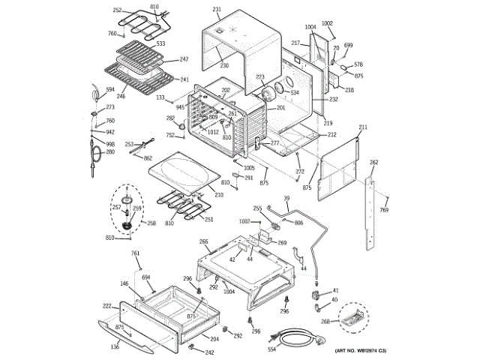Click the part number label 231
click(x=217, y=10)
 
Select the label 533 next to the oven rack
click(x=160, y=44)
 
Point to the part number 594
click(x=109, y=90)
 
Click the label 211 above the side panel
click(x=363, y=128)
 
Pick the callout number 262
click(x=374, y=163)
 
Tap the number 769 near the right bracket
click(x=383, y=211)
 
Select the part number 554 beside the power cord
click(x=271, y=349)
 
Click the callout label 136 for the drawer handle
click(x=115, y=346)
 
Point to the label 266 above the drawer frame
click(x=203, y=241)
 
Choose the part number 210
click(x=219, y=195)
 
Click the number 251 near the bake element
click(x=208, y=220)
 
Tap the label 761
click(x=136, y=253)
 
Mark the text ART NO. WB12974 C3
click(x=361, y=351)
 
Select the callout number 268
click(x=325, y=322)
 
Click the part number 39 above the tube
click(x=286, y=198)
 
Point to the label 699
click(x=347, y=45)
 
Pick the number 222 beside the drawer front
click(x=107, y=306)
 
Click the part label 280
click(x=109, y=152)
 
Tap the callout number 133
click(x=160, y=97)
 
